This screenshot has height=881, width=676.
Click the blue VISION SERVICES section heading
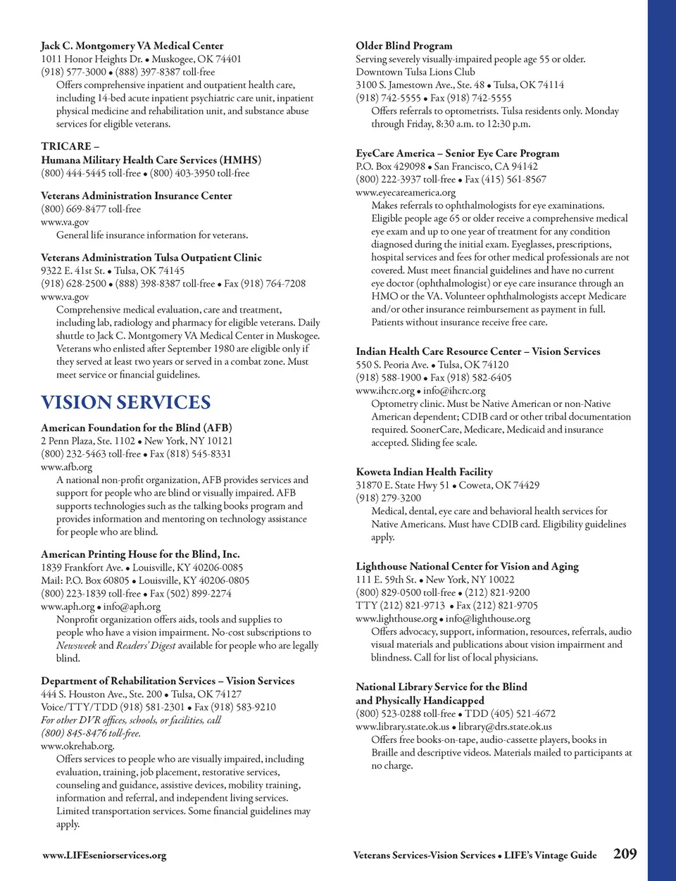125,402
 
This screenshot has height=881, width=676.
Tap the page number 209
625,854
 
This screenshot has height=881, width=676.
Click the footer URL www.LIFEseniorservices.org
104,856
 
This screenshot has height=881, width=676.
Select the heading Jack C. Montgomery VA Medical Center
132,46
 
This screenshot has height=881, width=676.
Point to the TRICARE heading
70,146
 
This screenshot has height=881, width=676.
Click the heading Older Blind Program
403,46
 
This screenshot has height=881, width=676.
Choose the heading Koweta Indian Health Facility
424,472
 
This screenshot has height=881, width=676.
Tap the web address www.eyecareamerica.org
405,192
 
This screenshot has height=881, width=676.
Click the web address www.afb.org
66,467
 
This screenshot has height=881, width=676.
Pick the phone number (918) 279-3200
388,498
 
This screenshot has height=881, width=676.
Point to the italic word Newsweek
75,645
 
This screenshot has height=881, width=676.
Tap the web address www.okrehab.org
77,746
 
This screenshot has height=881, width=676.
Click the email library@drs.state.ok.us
505,727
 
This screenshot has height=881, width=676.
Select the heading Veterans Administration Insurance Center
136,196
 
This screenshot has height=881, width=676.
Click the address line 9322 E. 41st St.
73,270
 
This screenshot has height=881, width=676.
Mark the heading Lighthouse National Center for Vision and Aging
467,566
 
